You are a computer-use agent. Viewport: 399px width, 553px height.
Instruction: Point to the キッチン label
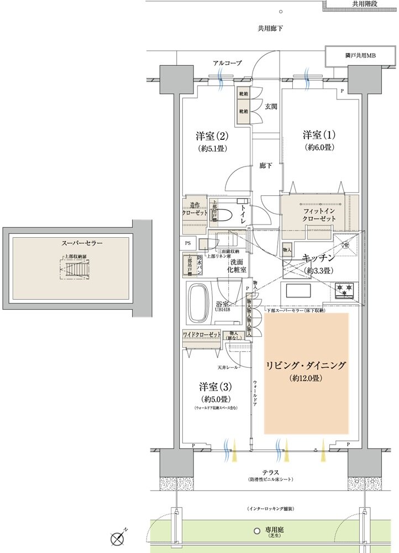318,258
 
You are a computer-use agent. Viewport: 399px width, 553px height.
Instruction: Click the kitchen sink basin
297,290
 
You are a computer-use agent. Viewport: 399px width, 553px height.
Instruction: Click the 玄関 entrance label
271,106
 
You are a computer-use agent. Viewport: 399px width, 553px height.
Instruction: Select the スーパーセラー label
82,243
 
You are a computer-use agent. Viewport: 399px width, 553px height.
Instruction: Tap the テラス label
271,472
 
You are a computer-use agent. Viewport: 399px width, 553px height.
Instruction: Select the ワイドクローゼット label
202,335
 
